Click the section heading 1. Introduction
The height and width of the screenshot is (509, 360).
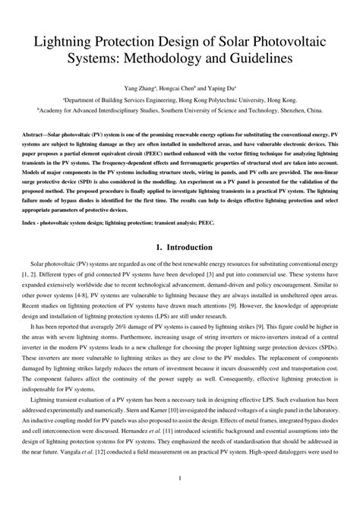point(180,226)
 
